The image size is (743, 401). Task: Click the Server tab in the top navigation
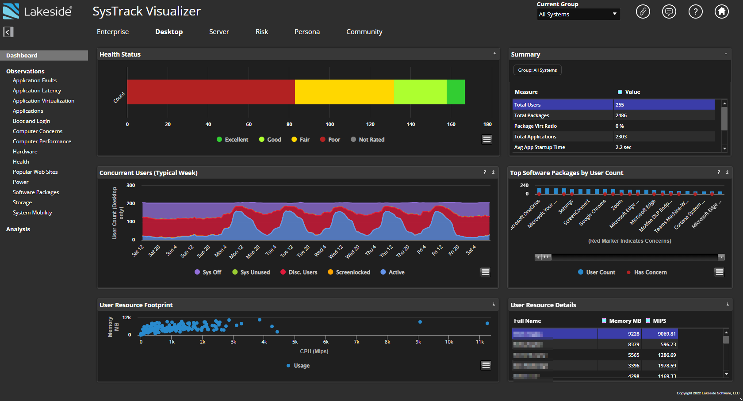[x=219, y=32]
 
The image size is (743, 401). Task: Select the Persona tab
[x=307, y=32]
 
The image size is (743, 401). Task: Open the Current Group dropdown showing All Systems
[x=578, y=14]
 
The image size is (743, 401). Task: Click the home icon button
[x=722, y=11]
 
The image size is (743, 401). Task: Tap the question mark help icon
[x=695, y=11]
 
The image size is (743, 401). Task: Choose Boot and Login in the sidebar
[x=31, y=121]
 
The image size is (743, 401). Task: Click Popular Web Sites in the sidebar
[x=35, y=172]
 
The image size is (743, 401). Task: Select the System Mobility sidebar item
[x=32, y=213]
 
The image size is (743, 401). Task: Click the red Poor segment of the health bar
[x=211, y=92]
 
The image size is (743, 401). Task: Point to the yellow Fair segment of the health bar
[x=344, y=92]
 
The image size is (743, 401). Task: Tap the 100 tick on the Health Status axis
[x=330, y=124]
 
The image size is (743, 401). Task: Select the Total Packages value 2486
[x=621, y=115]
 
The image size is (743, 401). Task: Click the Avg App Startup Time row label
[x=540, y=147]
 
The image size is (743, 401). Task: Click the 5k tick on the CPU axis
[x=295, y=342]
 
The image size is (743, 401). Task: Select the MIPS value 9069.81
[x=666, y=334]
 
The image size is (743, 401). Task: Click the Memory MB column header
[x=625, y=321]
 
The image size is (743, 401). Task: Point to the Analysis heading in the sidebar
[x=18, y=229]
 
